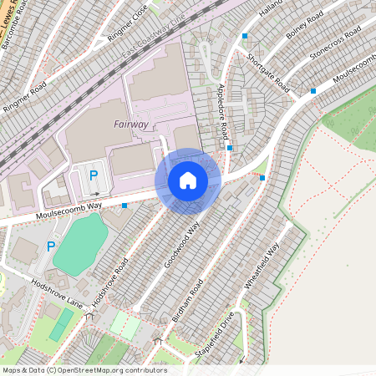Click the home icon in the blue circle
pyautogui.click(x=188, y=180)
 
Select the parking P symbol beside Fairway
pyautogui.click(x=94, y=175)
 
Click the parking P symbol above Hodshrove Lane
pyautogui.click(x=51, y=246)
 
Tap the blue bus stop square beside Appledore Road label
pyautogui.click(x=230, y=148)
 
